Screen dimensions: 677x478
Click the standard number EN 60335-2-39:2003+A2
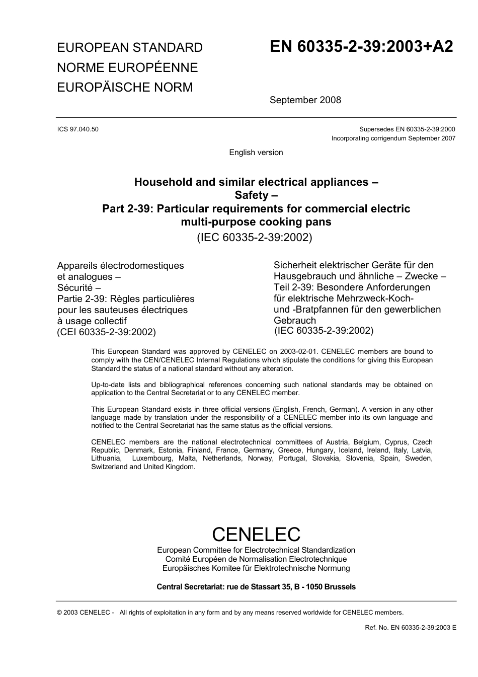[x=361, y=47]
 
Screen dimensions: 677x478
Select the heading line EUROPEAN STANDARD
[x=130, y=48]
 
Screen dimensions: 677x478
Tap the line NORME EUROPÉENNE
[x=127, y=67]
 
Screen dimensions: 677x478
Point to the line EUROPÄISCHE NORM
[x=125, y=87]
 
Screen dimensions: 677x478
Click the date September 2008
[x=305, y=100]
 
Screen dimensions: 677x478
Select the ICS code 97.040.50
[x=78, y=129]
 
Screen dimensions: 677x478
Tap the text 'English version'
[x=256, y=153]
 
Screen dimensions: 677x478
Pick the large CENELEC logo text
[x=256, y=534]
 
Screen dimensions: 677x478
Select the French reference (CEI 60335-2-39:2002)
[x=107, y=332]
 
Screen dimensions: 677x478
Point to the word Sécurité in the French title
[x=75, y=288]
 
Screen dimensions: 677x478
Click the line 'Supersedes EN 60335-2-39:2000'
[x=407, y=129]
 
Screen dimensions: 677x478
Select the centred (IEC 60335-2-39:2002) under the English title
[x=254, y=238]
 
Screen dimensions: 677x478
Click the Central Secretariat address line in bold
[x=256, y=587]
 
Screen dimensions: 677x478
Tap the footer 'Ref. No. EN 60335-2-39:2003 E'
[x=410, y=628]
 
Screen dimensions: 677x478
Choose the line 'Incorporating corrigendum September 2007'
[x=393, y=138]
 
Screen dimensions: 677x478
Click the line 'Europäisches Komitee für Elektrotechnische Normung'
[x=256, y=568]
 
